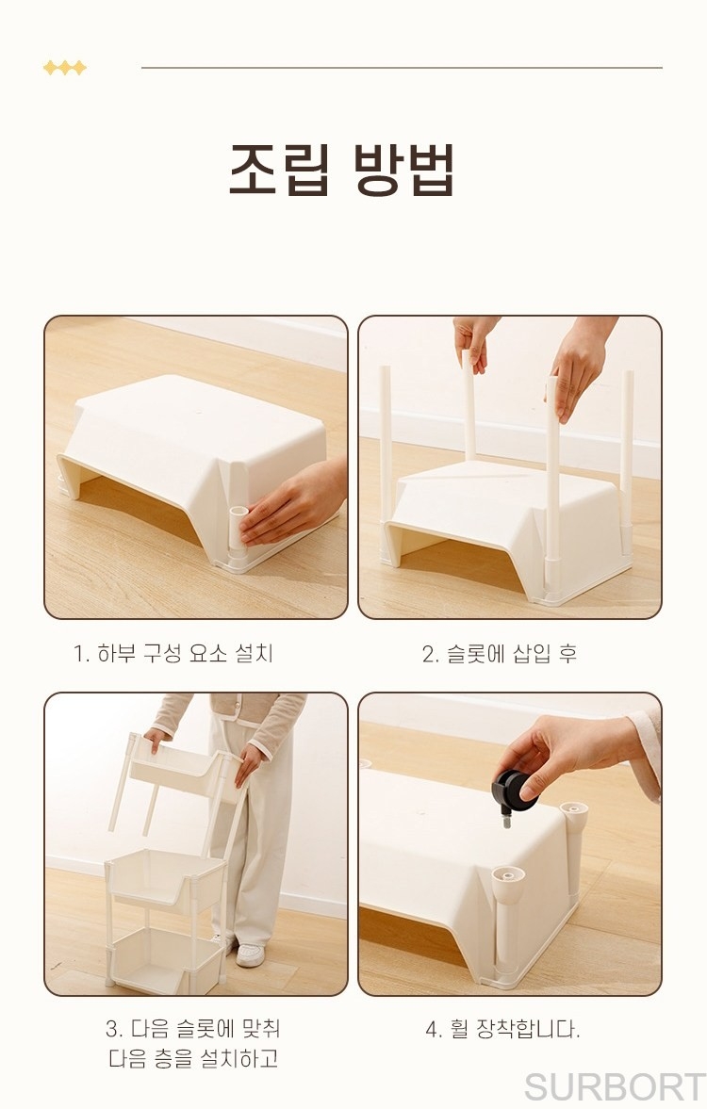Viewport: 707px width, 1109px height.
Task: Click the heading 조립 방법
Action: [341, 169]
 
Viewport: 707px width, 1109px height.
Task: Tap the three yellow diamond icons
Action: [64, 68]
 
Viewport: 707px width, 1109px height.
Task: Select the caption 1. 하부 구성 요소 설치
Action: [173, 653]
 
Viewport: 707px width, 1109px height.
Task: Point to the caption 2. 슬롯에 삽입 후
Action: [500, 654]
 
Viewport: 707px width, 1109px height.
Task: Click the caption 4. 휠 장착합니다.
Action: [502, 1028]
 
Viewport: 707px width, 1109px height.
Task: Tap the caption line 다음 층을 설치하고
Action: [193, 1058]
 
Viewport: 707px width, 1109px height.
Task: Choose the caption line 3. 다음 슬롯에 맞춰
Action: [193, 1028]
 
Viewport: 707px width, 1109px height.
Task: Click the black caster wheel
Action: [516, 792]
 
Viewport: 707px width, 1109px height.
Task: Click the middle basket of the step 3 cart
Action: [166, 882]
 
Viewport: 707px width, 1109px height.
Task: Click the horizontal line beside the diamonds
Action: [402, 68]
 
